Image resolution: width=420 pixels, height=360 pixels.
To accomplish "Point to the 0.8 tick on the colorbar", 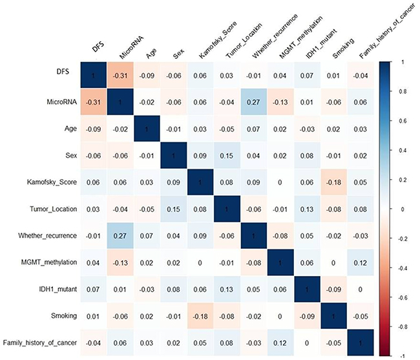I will pos(403,92).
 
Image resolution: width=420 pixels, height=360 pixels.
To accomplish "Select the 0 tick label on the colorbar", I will pos(402,210).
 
